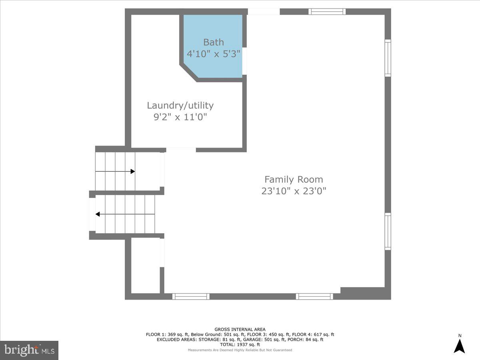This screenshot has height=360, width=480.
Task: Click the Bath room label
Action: click(x=214, y=42)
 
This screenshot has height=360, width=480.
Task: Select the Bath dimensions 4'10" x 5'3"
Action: click(x=214, y=54)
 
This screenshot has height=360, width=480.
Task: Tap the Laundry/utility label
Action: click(x=180, y=106)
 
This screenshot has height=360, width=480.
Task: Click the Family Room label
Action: click(x=294, y=180)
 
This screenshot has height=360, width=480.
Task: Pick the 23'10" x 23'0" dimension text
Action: click(x=294, y=191)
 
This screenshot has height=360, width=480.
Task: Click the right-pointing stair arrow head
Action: click(x=132, y=171)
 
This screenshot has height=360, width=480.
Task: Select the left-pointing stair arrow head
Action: click(x=98, y=214)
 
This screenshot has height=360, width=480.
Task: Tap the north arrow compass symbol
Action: click(x=460, y=345)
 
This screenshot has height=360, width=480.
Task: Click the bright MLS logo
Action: click(x=29, y=350)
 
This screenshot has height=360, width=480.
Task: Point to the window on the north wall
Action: click(x=327, y=12)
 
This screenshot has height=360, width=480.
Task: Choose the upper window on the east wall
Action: click(x=388, y=58)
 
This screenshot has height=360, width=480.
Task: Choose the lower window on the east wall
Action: click(x=388, y=232)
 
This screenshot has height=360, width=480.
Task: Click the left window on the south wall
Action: click(x=191, y=296)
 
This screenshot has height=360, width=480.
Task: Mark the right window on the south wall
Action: click(x=314, y=296)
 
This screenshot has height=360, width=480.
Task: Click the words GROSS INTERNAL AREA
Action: click(x=240, y=330)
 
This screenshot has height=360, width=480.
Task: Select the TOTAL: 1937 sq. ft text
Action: click(x=240, y=344)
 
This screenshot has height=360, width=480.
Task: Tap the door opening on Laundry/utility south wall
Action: click(x=181, y=150)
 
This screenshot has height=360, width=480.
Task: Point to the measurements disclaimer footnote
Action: click(x=240, y=350)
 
